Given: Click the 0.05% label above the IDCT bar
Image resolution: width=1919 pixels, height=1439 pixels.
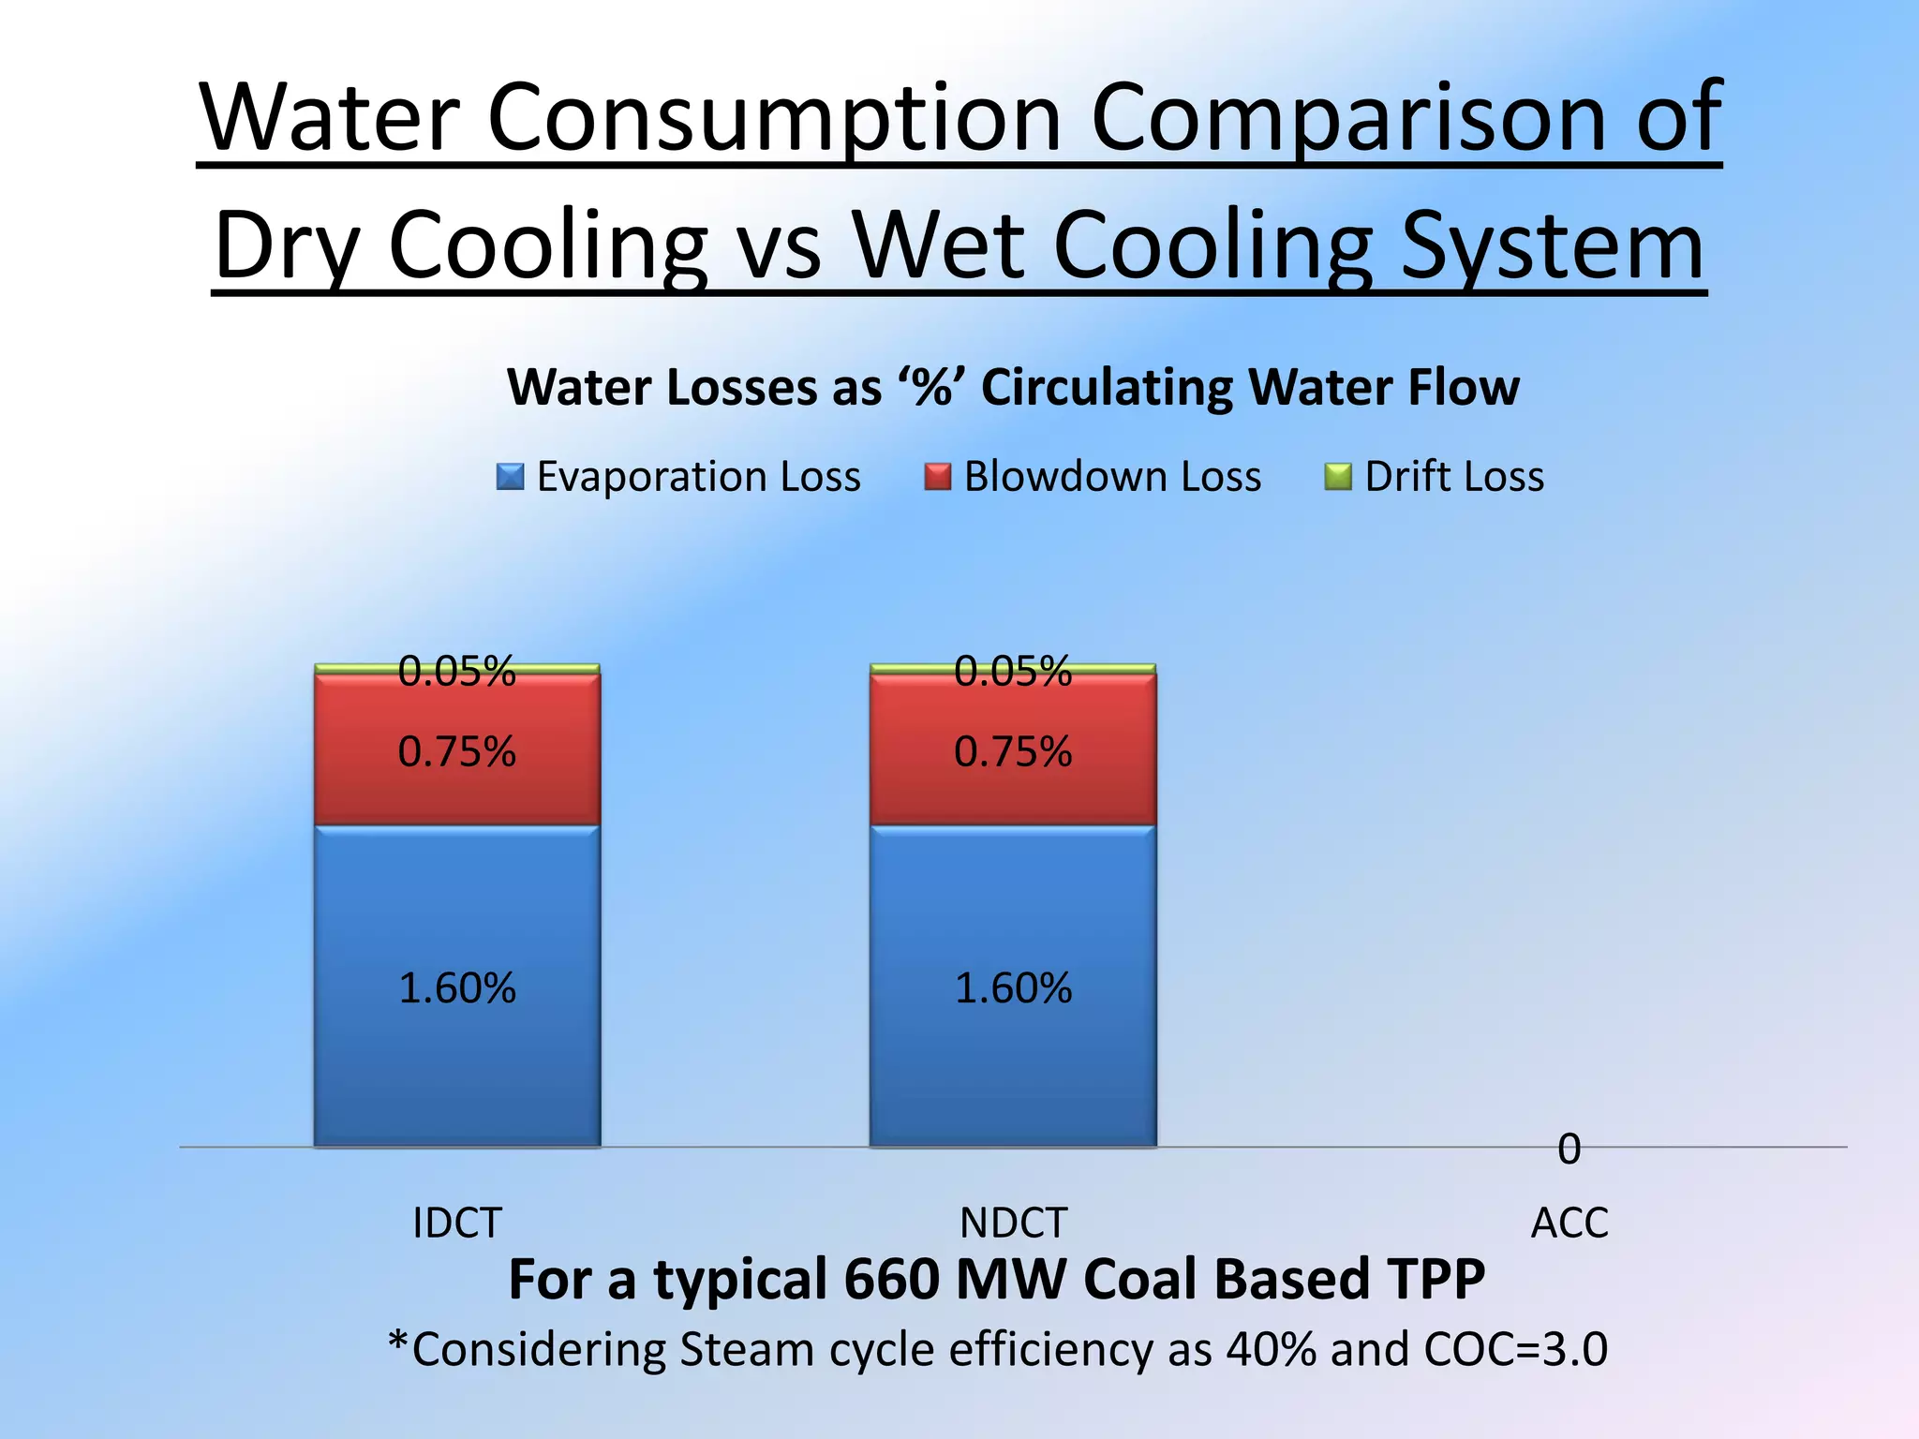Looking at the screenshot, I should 456,671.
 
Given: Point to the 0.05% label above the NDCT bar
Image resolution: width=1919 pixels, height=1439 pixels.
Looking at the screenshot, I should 1013,671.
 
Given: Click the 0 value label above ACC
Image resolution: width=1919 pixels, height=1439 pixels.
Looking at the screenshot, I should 1569,1149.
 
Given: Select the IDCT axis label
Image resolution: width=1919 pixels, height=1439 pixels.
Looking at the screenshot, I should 457,1223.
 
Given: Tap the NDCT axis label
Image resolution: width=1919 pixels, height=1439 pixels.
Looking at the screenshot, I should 1013,1223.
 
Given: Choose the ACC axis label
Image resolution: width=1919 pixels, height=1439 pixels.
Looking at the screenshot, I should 1569,1223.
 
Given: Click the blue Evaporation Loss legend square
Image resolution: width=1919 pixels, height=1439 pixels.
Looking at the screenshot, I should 510,477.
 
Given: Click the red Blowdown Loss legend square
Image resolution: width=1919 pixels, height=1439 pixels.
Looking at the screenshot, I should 937,477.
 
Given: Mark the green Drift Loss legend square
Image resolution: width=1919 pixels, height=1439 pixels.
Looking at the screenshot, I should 1337,477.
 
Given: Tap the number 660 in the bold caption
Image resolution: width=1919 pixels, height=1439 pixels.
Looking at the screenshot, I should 890,1280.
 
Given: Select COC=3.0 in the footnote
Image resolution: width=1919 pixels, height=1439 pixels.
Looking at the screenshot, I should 1515,1350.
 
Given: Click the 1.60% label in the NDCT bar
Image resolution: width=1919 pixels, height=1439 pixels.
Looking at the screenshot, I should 1013,988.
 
